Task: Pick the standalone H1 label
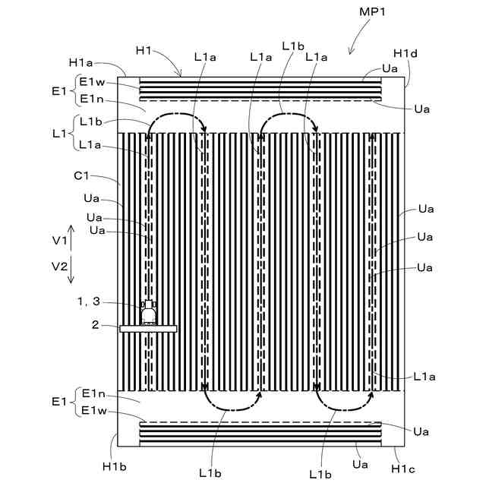click(x=144, y=50)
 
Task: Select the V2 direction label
click(x=60, y=267)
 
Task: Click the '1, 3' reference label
click(x=89, y=301)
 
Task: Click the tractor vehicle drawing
click(x=149, y=312)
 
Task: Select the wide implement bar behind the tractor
click(x=148, y=328)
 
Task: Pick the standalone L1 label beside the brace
click(x=58, y=133)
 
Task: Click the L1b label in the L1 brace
click(x=90, y=121)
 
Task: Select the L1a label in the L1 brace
click(x=90, y=144)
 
